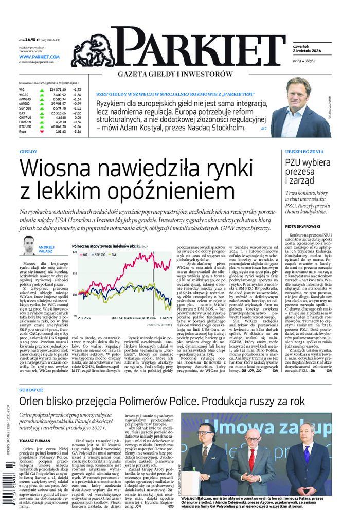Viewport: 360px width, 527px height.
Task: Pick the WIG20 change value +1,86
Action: click(77, 95)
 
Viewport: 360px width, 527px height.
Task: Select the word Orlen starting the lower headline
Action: click(34, 401)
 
